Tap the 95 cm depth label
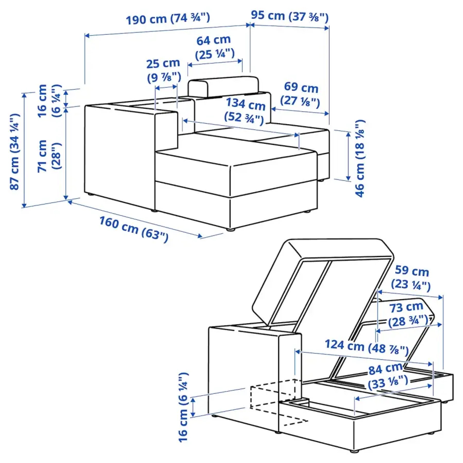(x=290, y=17)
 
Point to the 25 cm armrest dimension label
(x=164, y=70)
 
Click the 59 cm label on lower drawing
(x=411, y=278)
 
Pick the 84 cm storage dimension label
(x=388, y=375)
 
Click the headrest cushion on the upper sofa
(x=223, y=87)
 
